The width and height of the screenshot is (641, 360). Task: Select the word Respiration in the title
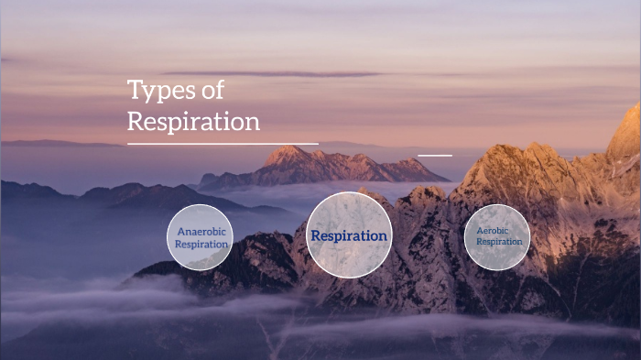pyautogui.click(x=193, y=121)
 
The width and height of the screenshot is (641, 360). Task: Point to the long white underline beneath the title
pyautogui.click(x=223, y=144)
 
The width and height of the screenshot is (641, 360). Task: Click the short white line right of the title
pyautogui.click(x=435, y=155)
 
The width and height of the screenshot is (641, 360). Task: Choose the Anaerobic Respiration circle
pyautogui.click(x=200, y=238)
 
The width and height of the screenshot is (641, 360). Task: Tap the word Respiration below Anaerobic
pyautogui.click(x=201, y=245)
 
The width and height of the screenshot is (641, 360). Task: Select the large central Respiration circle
pyautogui.click(x=348, y=235)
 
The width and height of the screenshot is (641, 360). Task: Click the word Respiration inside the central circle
pyautogui.click(x=348, y=235)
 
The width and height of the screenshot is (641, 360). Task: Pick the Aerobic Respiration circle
pyautogui.click(x=497, y=236)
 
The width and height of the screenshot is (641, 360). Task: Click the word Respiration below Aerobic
pyautogui.click(x=498, y=242)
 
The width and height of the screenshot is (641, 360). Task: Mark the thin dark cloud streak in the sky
pyautogui.click(x=275, y=74)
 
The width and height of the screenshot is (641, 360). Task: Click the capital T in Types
pyautogui.click(x=134, y=90)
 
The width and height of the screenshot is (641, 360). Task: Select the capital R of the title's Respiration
pyautogui.click(x=135, y=121)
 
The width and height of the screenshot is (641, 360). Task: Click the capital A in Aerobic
pyautogui.click(x=481, y=231)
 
